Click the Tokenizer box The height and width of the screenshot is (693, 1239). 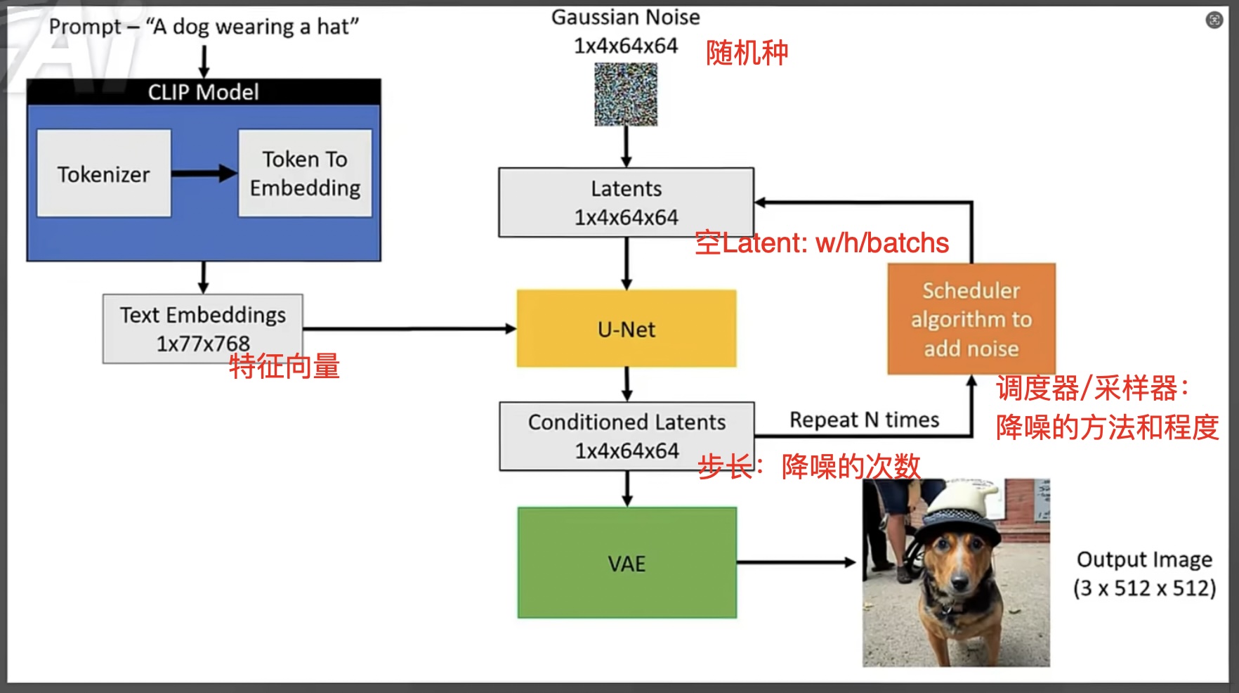point(104,174)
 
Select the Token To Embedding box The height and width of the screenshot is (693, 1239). point(305,174)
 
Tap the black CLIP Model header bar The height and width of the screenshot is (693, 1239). point(204,92)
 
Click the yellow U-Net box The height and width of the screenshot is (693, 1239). point(627,329)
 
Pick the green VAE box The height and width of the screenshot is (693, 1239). point(627,563)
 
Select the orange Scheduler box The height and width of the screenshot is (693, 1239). point(971,319)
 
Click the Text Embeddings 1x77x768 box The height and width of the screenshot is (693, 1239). point(203,328)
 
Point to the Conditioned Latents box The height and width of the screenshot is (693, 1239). point(627,436)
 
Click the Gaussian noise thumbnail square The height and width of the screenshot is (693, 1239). point(626,94)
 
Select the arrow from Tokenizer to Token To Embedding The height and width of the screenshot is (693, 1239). point(204,174)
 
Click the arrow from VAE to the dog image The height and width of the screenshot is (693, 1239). point(796,562)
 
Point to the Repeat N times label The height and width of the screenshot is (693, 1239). point(864,420)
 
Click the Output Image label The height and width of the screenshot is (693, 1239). point(1144,560)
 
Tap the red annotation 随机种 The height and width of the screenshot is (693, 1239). point(747,53)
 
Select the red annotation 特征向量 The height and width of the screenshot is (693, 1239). point(284,366)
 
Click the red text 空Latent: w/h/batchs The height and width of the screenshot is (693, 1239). point(822,243)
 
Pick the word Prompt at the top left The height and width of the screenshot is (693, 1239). point(85,27)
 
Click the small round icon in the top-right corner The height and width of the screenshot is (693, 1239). point(1214,20)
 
